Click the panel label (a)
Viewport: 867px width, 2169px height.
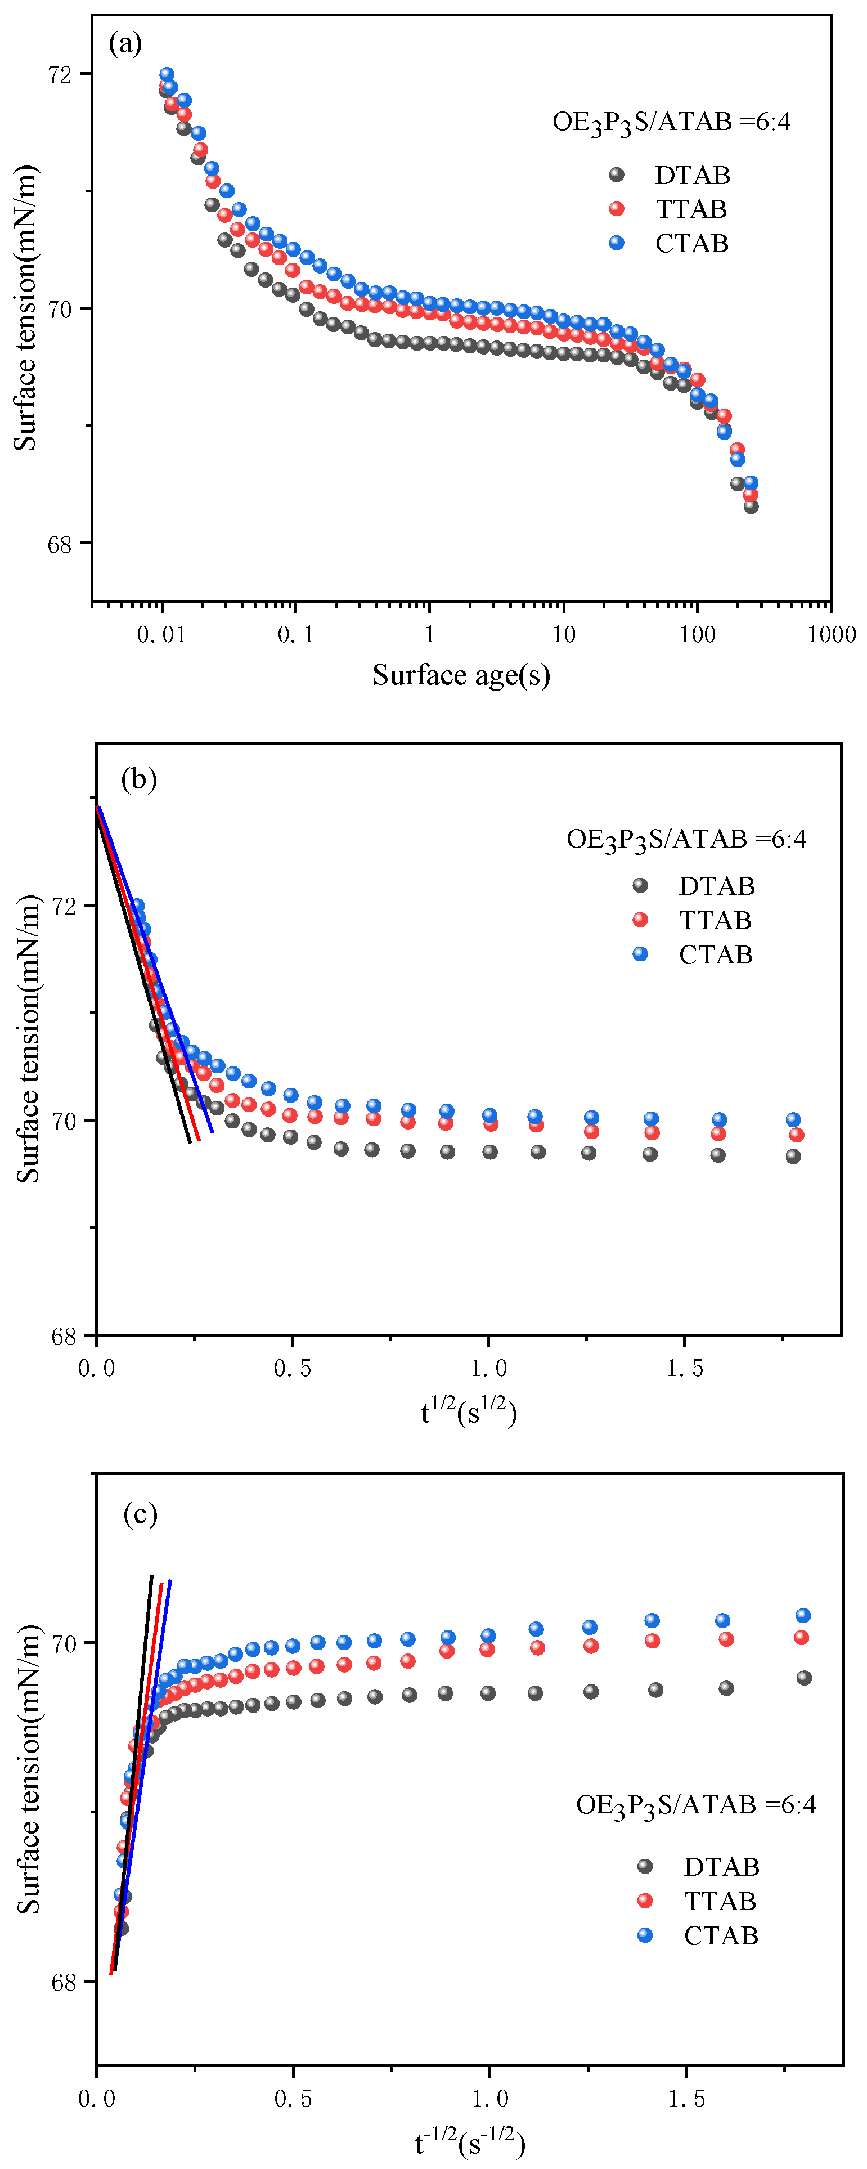(124, 43)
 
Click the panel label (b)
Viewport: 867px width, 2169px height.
(139, 779)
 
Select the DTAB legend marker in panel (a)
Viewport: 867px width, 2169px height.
(616, 174)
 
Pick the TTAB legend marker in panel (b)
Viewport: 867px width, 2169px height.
(640, 920)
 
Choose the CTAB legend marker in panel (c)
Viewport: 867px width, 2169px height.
(645, 1934)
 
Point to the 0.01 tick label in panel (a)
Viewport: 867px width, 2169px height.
(161, 634)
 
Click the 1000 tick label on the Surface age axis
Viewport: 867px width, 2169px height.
(831, 634)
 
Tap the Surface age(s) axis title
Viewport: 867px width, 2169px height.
(461, 674)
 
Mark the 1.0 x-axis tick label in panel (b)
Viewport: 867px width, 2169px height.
(488, 1368)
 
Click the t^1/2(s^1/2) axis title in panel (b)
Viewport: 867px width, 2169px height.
(469, 1411)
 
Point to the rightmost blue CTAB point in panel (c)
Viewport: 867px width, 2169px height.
(803, 1615)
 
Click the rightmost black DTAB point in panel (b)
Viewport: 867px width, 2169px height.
(793, 1156)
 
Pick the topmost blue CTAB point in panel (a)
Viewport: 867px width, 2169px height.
(167, 74)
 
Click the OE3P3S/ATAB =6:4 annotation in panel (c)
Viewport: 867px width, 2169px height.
(695, 1804)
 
